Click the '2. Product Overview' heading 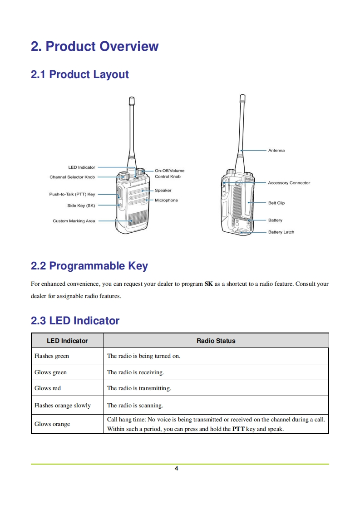click(x=94, y=46)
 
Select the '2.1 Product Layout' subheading click(x=79, y=74)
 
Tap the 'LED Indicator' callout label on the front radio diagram click(x=82, y=167)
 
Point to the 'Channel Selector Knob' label click(x=72, y=177)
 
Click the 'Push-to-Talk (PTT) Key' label click(x=72, y=194)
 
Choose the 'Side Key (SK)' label click(x=81, y=206)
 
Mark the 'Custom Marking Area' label click(x=74, y=221)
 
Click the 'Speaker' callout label click(x=163, y=191)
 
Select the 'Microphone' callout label click(x=166, y=201)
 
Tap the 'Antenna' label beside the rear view click(x=276, y=150)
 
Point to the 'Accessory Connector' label click(x=289, y=183)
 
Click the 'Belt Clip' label click(x=276, y=203)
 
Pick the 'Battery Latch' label click(x=281, y=232)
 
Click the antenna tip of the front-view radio click(x=132, y=98)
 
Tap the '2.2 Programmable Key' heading click(x=89, y=266)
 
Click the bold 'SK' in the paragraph click(x=208, y=284)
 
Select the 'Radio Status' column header click(x=216, y=341)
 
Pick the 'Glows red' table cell click(x=47, y=388)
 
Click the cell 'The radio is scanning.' click(x=135, y=406)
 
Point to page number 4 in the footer click(x=177, y=469)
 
